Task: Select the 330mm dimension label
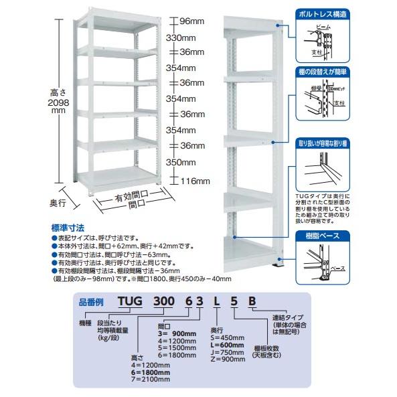(181, 37)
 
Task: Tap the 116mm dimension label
(196, 181)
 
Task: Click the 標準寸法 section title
(68, 227)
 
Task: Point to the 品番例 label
(91, 302)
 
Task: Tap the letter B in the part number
(252, 301)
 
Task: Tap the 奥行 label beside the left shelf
(61, 202)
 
